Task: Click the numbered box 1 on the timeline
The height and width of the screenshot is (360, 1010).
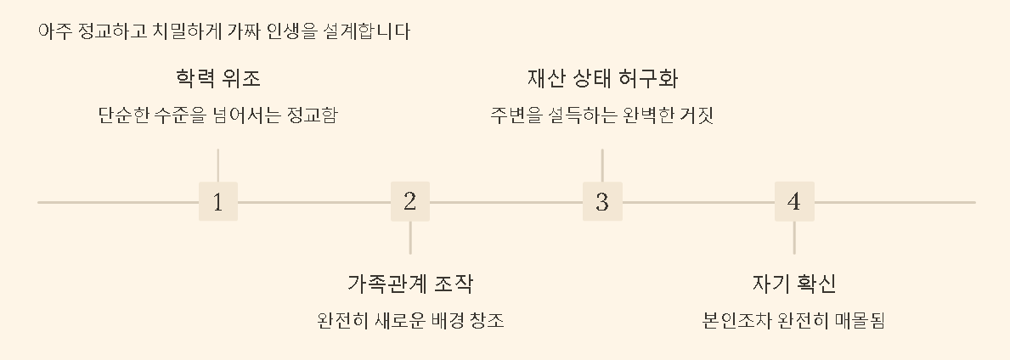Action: [x=218, y=202]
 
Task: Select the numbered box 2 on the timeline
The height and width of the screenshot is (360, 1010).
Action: [x=410, y=202]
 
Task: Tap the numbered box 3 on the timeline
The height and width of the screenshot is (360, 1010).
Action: [x=602, y=202]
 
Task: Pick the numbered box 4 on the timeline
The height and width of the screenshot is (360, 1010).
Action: [x=794, y=202]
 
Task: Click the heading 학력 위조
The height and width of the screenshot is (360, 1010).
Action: [x=218, y=79]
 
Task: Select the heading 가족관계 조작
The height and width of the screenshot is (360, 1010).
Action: [x=410, y=284]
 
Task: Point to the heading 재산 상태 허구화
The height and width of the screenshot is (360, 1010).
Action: [x=602, y=79]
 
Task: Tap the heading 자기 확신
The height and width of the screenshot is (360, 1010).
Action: [x=794, y=284]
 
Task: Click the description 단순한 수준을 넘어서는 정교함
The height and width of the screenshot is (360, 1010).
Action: [x=218, y=115]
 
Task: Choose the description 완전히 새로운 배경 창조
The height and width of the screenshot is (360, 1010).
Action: [x=410, y=322]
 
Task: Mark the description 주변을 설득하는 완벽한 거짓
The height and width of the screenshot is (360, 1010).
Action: [x=602, y=115]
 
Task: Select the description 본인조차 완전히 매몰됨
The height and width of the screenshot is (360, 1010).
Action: [x=794, y=322]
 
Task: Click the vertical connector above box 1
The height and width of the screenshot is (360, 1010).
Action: [x=218, y=165]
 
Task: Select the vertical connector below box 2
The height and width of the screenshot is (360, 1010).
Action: [x=410, y=238]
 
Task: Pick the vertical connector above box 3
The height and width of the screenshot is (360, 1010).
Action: [x=602, y=165]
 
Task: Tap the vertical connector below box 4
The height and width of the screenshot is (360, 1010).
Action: [x=794, y=238]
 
